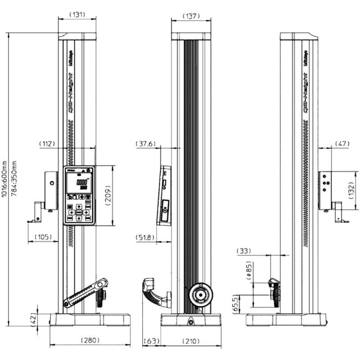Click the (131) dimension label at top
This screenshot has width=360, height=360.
[x=76, y=15]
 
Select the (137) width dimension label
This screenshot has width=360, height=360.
[x=191, y=16]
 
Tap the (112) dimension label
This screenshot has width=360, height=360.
[x=47, y=144]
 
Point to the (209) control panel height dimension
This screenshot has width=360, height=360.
[x=109, y=195]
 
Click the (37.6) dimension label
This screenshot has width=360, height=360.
[x=146, y=144]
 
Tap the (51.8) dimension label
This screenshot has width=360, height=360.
[x=145, y=237]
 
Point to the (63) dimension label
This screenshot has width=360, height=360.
[x=151, y=341]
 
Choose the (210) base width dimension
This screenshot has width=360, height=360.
[x=191, y=341]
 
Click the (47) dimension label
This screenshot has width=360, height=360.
[x=342, y=144]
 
